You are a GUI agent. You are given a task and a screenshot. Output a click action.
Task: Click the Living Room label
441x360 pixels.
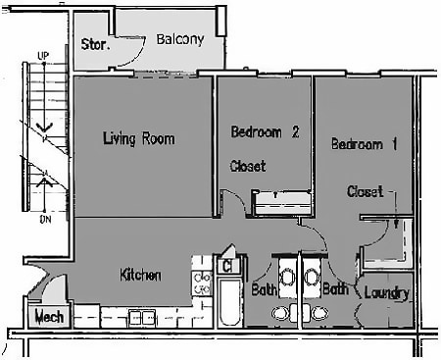[138, 138]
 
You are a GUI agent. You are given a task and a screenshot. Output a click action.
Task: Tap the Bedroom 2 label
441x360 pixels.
[265, 131]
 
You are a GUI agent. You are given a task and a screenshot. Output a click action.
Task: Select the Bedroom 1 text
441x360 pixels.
[364, 144]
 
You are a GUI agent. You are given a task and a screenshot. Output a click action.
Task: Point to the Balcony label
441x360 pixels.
[179, 40]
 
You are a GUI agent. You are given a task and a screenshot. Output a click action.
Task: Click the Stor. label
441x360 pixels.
[95, 44]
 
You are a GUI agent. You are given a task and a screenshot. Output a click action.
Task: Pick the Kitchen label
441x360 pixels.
[140, 275]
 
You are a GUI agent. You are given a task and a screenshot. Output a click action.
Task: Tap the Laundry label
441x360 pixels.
[385, 293]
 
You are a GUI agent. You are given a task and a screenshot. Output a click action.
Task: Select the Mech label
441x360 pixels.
[49, 317]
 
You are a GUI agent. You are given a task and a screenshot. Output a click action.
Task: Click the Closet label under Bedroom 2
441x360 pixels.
[248, 166]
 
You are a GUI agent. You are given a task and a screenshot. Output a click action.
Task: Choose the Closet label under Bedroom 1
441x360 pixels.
[365, 191]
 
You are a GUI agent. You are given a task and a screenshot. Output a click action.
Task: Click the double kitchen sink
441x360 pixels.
[141, 317]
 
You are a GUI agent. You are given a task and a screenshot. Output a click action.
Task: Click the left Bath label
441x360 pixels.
[263, 290]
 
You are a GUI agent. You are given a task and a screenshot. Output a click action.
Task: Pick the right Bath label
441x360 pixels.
[336, 290]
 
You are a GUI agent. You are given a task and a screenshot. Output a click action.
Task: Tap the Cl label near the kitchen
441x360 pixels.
[226, 265]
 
